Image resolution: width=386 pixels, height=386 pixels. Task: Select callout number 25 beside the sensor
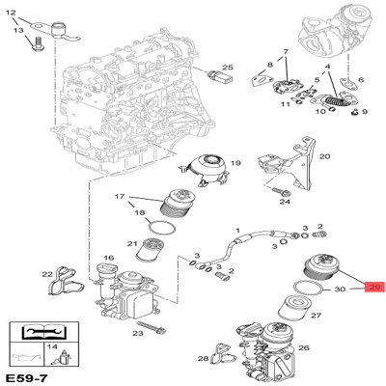coord(228,69)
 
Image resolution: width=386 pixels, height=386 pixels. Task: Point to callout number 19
coord(234,165)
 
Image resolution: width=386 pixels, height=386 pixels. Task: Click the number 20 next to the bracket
coord(324,156)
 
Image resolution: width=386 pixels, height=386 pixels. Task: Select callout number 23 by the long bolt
coord(138,333)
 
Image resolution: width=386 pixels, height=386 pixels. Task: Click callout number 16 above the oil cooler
coord(109,258)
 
